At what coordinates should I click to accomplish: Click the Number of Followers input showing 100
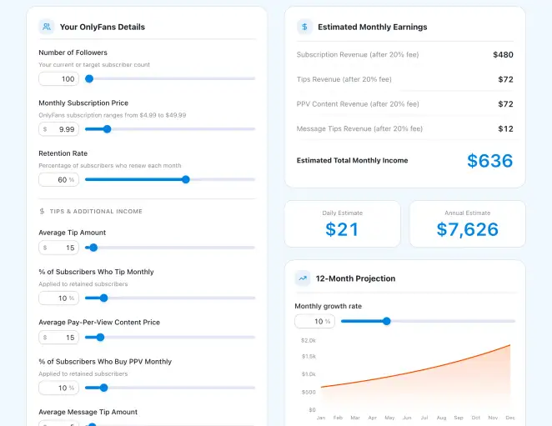click(59, 79)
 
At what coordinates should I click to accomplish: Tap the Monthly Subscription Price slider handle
click(107, 129)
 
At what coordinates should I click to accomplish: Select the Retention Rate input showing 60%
click(59, 179)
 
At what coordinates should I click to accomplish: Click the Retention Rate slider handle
click(186, 179)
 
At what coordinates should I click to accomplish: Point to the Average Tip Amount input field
click(59, 248)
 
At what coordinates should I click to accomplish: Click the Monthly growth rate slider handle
click(386, 321)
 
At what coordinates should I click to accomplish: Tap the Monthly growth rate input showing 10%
click(314, 321)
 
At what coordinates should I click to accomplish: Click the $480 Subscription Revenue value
click(503, 55)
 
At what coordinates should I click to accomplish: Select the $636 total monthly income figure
click(489, 161)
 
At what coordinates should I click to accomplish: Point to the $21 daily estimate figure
click(342, 228)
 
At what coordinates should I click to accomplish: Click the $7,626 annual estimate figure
click(467, 228)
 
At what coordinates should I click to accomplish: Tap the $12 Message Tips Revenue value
click(505, 129)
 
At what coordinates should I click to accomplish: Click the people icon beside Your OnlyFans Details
click(47, 27)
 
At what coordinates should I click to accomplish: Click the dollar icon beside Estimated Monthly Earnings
click(304, 27)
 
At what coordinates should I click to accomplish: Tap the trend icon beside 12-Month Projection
click(303, 278)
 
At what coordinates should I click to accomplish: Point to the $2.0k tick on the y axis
click(308, 340)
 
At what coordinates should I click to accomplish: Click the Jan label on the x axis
click(320, 418)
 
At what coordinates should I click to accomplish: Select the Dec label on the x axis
click(509, 418)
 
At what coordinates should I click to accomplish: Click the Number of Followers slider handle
click(89, 79)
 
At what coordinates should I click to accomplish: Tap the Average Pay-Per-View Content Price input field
click(59, 337)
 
